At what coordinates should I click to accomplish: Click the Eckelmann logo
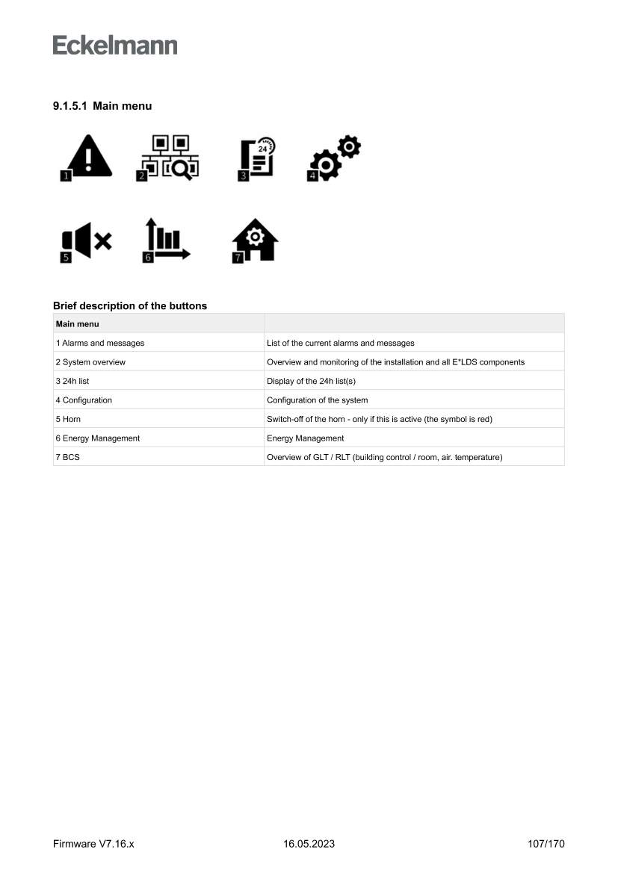pyautogui.click(x=115, y=45)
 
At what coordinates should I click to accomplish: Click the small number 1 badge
pyautogui.click(x=67, y=176)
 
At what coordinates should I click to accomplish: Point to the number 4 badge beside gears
pyautogui.click(x=313, y=175)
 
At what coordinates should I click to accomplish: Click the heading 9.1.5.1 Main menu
pyautogui.click(x=102, y=106)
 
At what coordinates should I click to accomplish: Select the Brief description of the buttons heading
pyautogui.click(x=130, y=305)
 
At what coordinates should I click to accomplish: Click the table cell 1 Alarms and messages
pyautogui.click(x=100, y=343)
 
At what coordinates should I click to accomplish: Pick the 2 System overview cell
pyautogui.click(x=90, y=362)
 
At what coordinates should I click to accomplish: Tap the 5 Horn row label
pyautogui.click(x=68, y=419)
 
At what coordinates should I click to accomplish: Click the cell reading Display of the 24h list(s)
pyautogui.click(x=316, y=381)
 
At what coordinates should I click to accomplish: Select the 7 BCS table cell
pyautogui.click(x=67, y=457)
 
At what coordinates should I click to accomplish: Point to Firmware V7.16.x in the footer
pyautogui.click(x=93, y=844)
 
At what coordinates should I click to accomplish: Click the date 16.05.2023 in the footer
pyautogui.click(x=309, y=844)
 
